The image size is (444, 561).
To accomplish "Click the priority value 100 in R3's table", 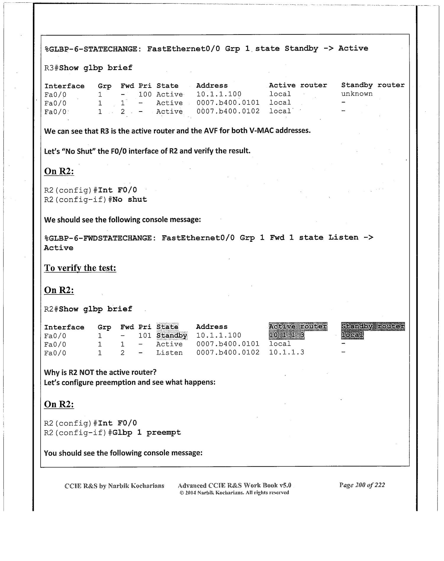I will coord(145,94).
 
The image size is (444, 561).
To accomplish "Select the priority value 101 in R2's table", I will coord(145,336).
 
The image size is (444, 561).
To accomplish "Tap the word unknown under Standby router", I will coord(357,94).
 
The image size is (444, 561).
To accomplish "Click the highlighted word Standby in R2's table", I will coord(172,336).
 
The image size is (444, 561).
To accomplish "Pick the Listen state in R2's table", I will coord(169,353).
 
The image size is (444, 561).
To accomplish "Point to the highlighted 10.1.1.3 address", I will coord(287,335).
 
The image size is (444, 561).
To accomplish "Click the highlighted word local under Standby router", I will coord(352,335).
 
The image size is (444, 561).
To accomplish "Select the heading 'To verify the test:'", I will coord(80,268).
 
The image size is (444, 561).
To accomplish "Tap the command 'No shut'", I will coord(130,199).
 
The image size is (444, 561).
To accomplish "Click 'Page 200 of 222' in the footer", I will coord(362,485).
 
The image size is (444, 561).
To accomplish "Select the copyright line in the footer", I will coord(234,493).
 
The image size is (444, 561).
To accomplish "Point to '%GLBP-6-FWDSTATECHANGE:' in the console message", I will coord(100,238).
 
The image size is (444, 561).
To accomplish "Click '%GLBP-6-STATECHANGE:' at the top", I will coord(93,49).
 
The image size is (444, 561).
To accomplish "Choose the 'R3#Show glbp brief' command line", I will coord(88,68).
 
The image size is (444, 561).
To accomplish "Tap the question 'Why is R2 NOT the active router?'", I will coord(100,372).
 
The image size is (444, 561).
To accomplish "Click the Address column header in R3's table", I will coord(212,86).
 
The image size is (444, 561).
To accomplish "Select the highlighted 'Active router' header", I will coord(298,326).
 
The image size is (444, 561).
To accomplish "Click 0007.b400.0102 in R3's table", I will coord(228,111).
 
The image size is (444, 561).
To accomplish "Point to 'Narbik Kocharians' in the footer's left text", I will coord(136,486).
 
